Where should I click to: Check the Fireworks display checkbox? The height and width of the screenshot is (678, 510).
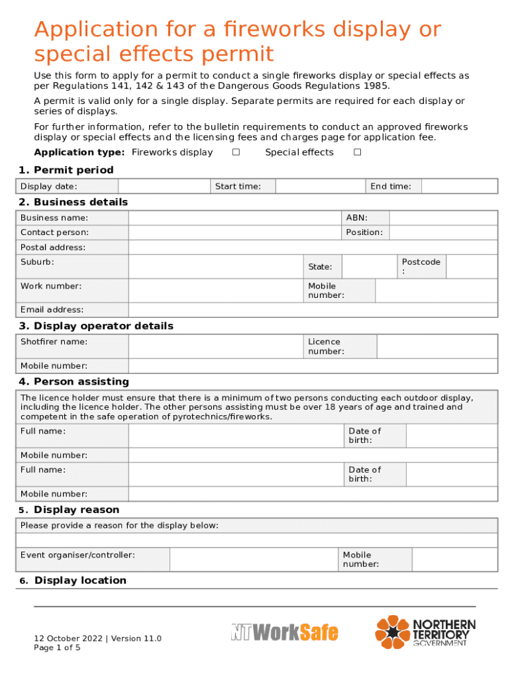[x=235, y=153]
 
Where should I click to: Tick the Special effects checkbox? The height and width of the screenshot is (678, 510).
[x=357, y=153]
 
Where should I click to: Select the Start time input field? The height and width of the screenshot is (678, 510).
[x=321, y=187]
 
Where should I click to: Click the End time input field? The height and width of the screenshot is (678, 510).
[x=459, y=187]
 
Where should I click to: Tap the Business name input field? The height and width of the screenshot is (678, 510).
[x=234, y=218]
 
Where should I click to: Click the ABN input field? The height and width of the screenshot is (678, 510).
[x=443, y=218]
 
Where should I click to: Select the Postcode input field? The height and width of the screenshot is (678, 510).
[x=472, y=267]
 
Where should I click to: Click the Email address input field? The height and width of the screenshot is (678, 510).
[x=313, y=310]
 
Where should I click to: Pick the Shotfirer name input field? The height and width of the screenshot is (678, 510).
[x=215, y=346]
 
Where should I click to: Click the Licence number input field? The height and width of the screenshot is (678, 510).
[x=436, y=346]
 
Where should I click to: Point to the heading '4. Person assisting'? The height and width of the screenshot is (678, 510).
[x=74, y=382]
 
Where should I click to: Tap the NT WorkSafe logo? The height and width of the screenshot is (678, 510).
[x=285, y=633]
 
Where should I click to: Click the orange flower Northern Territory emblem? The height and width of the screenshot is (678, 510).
[x=393, y=632]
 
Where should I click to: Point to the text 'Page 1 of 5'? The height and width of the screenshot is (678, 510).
[x=57, y=648]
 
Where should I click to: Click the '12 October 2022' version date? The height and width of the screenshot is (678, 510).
[x=68, y=639]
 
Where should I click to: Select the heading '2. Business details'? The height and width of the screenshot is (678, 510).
[x=73, y=202]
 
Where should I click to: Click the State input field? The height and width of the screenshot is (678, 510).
[x=368, y=267]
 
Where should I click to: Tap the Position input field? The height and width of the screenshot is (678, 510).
[x=443, y=232]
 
